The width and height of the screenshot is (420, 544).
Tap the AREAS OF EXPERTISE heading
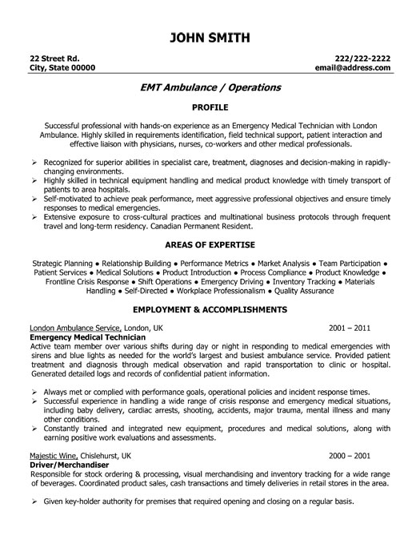(210, 244)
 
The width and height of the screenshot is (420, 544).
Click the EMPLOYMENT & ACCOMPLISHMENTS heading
(210, 308)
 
